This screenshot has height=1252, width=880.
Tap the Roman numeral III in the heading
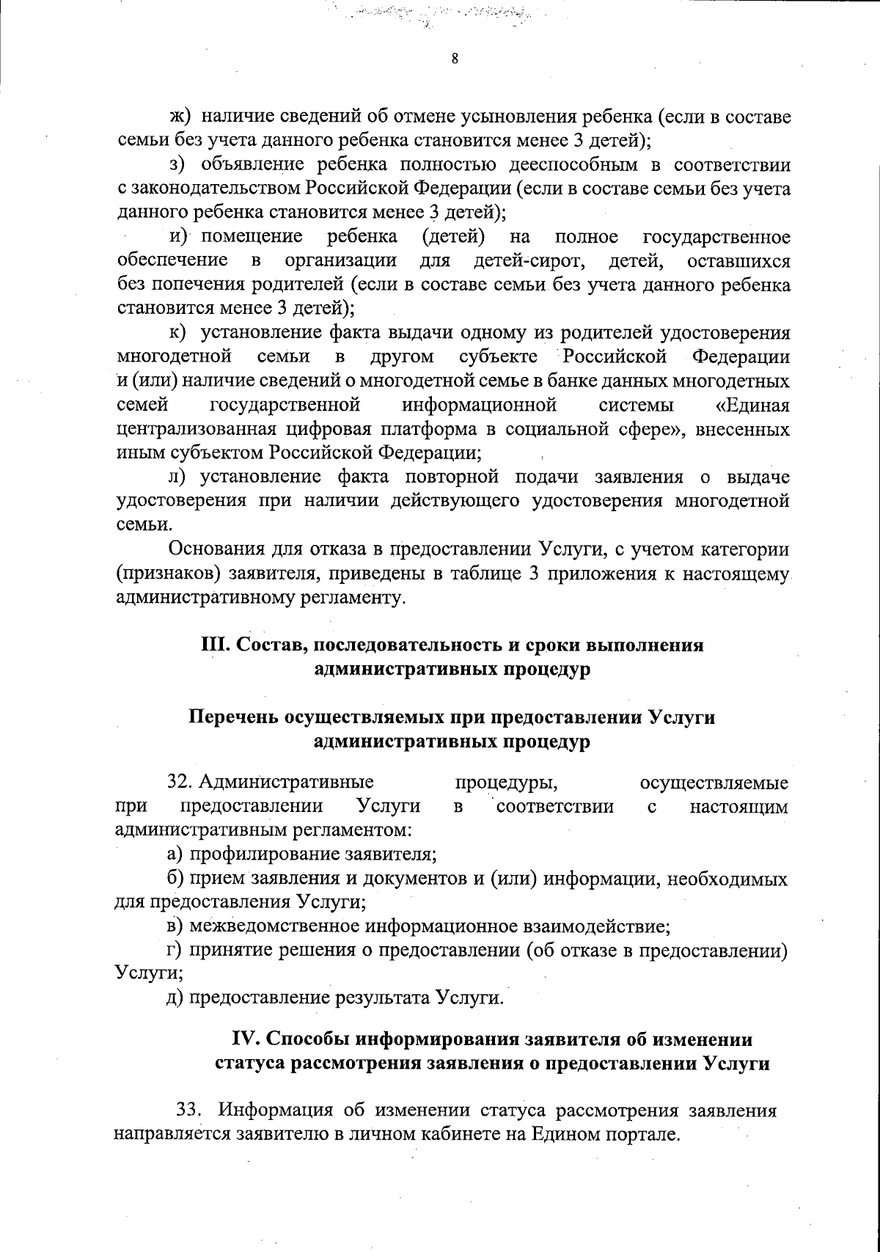tap(214, 645)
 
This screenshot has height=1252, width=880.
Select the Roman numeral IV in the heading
tap(244, 1039)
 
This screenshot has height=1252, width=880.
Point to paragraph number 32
tap(180, 783)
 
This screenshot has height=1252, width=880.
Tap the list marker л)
tap(178, 477)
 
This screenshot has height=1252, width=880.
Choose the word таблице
tap(480, 574)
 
